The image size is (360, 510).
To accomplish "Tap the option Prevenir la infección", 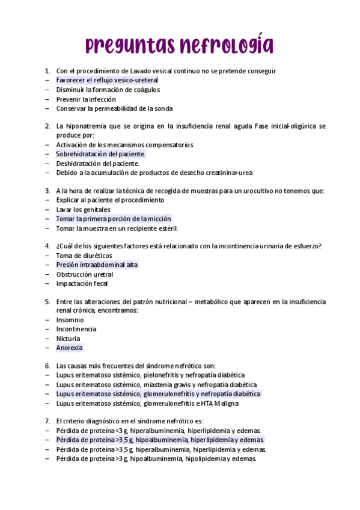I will pyautogui.click(x=86, y=99).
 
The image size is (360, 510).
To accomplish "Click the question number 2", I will pyautogui.click(x=47, y=126).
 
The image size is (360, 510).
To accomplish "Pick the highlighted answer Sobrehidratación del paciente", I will pyautogui.click(x=100, y=154).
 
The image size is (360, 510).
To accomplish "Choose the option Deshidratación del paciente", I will pyautogui.click(x=97, y=164).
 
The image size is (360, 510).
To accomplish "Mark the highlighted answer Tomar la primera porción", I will pyautogui.click(x=114, y=219).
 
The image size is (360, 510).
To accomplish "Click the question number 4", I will pyautogui.click(x=47, y=245).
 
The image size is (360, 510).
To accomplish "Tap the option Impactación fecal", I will pyautogui.click(x=82, y=283).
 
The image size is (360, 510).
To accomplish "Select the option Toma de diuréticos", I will pyautogui.click(x=84, y=255).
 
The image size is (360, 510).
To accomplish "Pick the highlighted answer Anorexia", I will pyautogui.click(x=69, y=348).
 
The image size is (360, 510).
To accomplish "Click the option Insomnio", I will pyautogui.click(x=70, y=320).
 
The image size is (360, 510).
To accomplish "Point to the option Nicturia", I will pyautogui.click(x=68, y=339).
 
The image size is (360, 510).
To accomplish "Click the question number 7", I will pyautogui.click(x=47, y=421).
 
